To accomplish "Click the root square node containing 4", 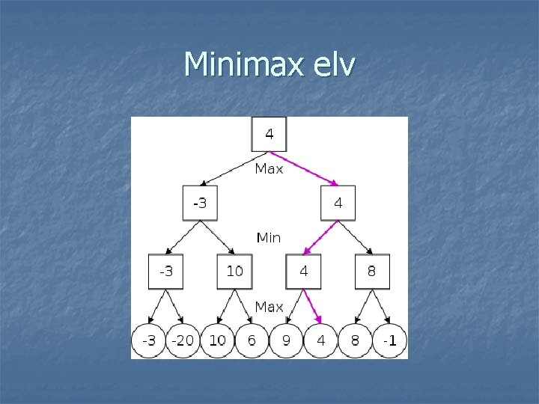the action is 269,135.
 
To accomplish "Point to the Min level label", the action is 269,238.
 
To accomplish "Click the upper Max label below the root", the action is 269,169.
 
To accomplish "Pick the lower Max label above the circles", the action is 269,307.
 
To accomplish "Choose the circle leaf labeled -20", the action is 183,340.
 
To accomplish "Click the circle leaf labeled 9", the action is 286,340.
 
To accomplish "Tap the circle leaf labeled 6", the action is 252,340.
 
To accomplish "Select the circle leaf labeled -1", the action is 389,340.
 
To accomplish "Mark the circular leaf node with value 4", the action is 320,340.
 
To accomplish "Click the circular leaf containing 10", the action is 217,340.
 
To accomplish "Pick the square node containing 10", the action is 234,272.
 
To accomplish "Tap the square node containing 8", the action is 372,272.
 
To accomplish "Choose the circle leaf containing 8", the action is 355,340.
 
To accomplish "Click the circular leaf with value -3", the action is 149,340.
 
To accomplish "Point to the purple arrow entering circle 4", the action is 314,307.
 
